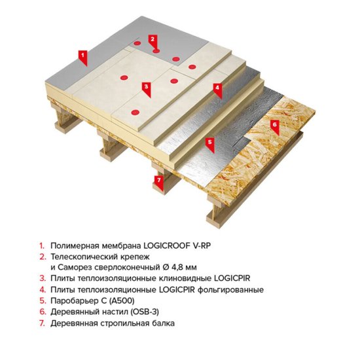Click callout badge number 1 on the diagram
tap(83, 57)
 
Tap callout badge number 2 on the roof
tap(153, 39)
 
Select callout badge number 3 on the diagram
tap(146, 86)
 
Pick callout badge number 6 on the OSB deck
tap(274, 123)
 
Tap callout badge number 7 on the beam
tap(157, 179)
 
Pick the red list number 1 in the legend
tap(41, 244)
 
